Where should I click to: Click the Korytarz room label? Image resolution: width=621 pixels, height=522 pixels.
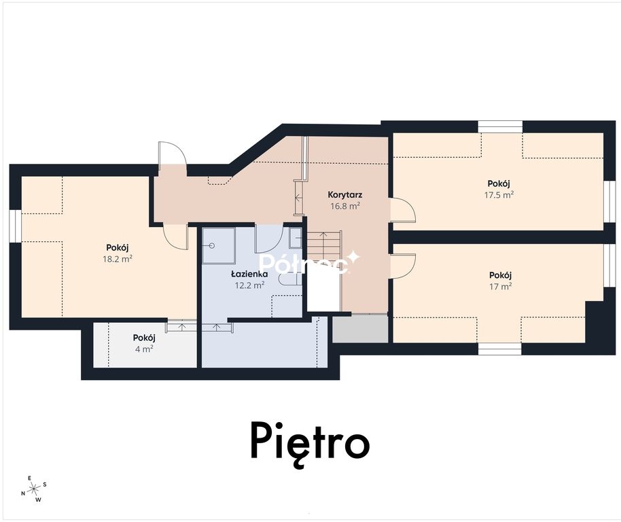pos(345,194)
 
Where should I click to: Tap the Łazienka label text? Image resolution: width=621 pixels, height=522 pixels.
pos(249,274)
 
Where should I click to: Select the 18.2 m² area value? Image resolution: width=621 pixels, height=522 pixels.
pos(118,259)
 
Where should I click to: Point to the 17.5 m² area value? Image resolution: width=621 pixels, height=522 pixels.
pos(499,194)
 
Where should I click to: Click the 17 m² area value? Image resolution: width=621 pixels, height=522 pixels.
pos(500,286)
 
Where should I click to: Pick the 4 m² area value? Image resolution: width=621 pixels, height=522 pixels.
pos(144,349)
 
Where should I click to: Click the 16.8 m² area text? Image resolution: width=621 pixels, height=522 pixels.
pos(345,205)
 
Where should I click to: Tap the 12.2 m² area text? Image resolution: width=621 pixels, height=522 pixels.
pos(249,285)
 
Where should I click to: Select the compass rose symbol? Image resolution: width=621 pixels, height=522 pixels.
pos(35,488)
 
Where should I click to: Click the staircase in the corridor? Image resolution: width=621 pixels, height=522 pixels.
pos(324,249)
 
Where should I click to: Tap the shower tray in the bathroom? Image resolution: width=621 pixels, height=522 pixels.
pos(219,245)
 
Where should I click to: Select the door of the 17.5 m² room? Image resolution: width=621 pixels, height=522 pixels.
pos(403,210)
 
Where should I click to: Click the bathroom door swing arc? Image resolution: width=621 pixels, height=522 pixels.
pos(268,239)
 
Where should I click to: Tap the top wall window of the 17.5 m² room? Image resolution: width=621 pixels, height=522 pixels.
pos(500,126)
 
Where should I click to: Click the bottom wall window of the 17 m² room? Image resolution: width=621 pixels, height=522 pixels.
pos(500,349)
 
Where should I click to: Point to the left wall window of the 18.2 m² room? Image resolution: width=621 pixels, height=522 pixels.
pos(15,226)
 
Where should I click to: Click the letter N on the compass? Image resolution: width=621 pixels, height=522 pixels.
pos(23,493)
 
